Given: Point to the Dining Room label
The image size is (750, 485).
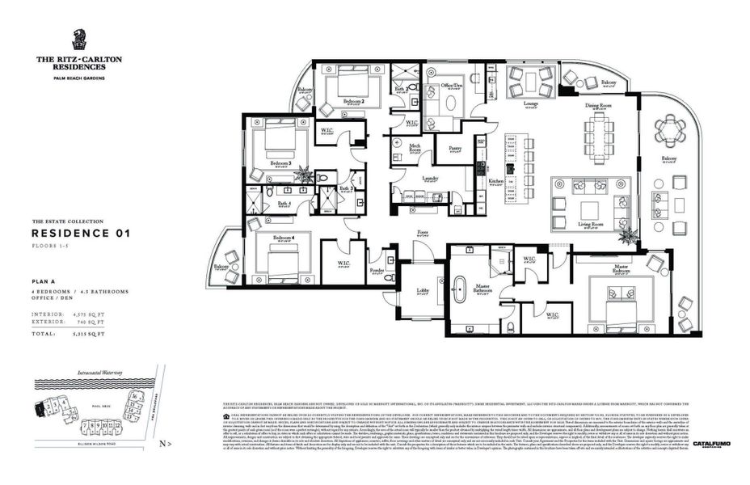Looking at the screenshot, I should [598, 105].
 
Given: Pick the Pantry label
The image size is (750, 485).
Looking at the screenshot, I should [454, 148].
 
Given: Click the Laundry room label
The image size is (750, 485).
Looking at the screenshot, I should [429, 179].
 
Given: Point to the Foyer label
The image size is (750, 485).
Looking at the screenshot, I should [422, 231].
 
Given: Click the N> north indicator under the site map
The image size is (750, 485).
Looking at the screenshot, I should [165, 444].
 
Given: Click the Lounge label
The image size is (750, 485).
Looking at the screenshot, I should [531, 104].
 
